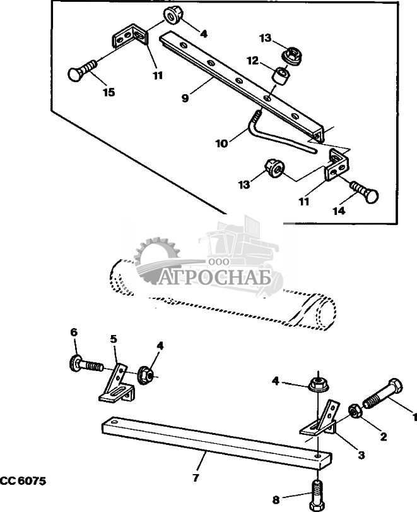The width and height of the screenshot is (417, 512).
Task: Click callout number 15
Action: [x=109, y=92]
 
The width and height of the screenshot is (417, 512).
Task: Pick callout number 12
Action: [x=252, y=61]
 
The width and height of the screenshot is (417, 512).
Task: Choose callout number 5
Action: [x=114, y=339]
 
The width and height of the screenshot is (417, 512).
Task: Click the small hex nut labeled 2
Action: [x=355, y=410]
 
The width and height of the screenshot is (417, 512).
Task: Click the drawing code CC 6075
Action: [x=23, y=480]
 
